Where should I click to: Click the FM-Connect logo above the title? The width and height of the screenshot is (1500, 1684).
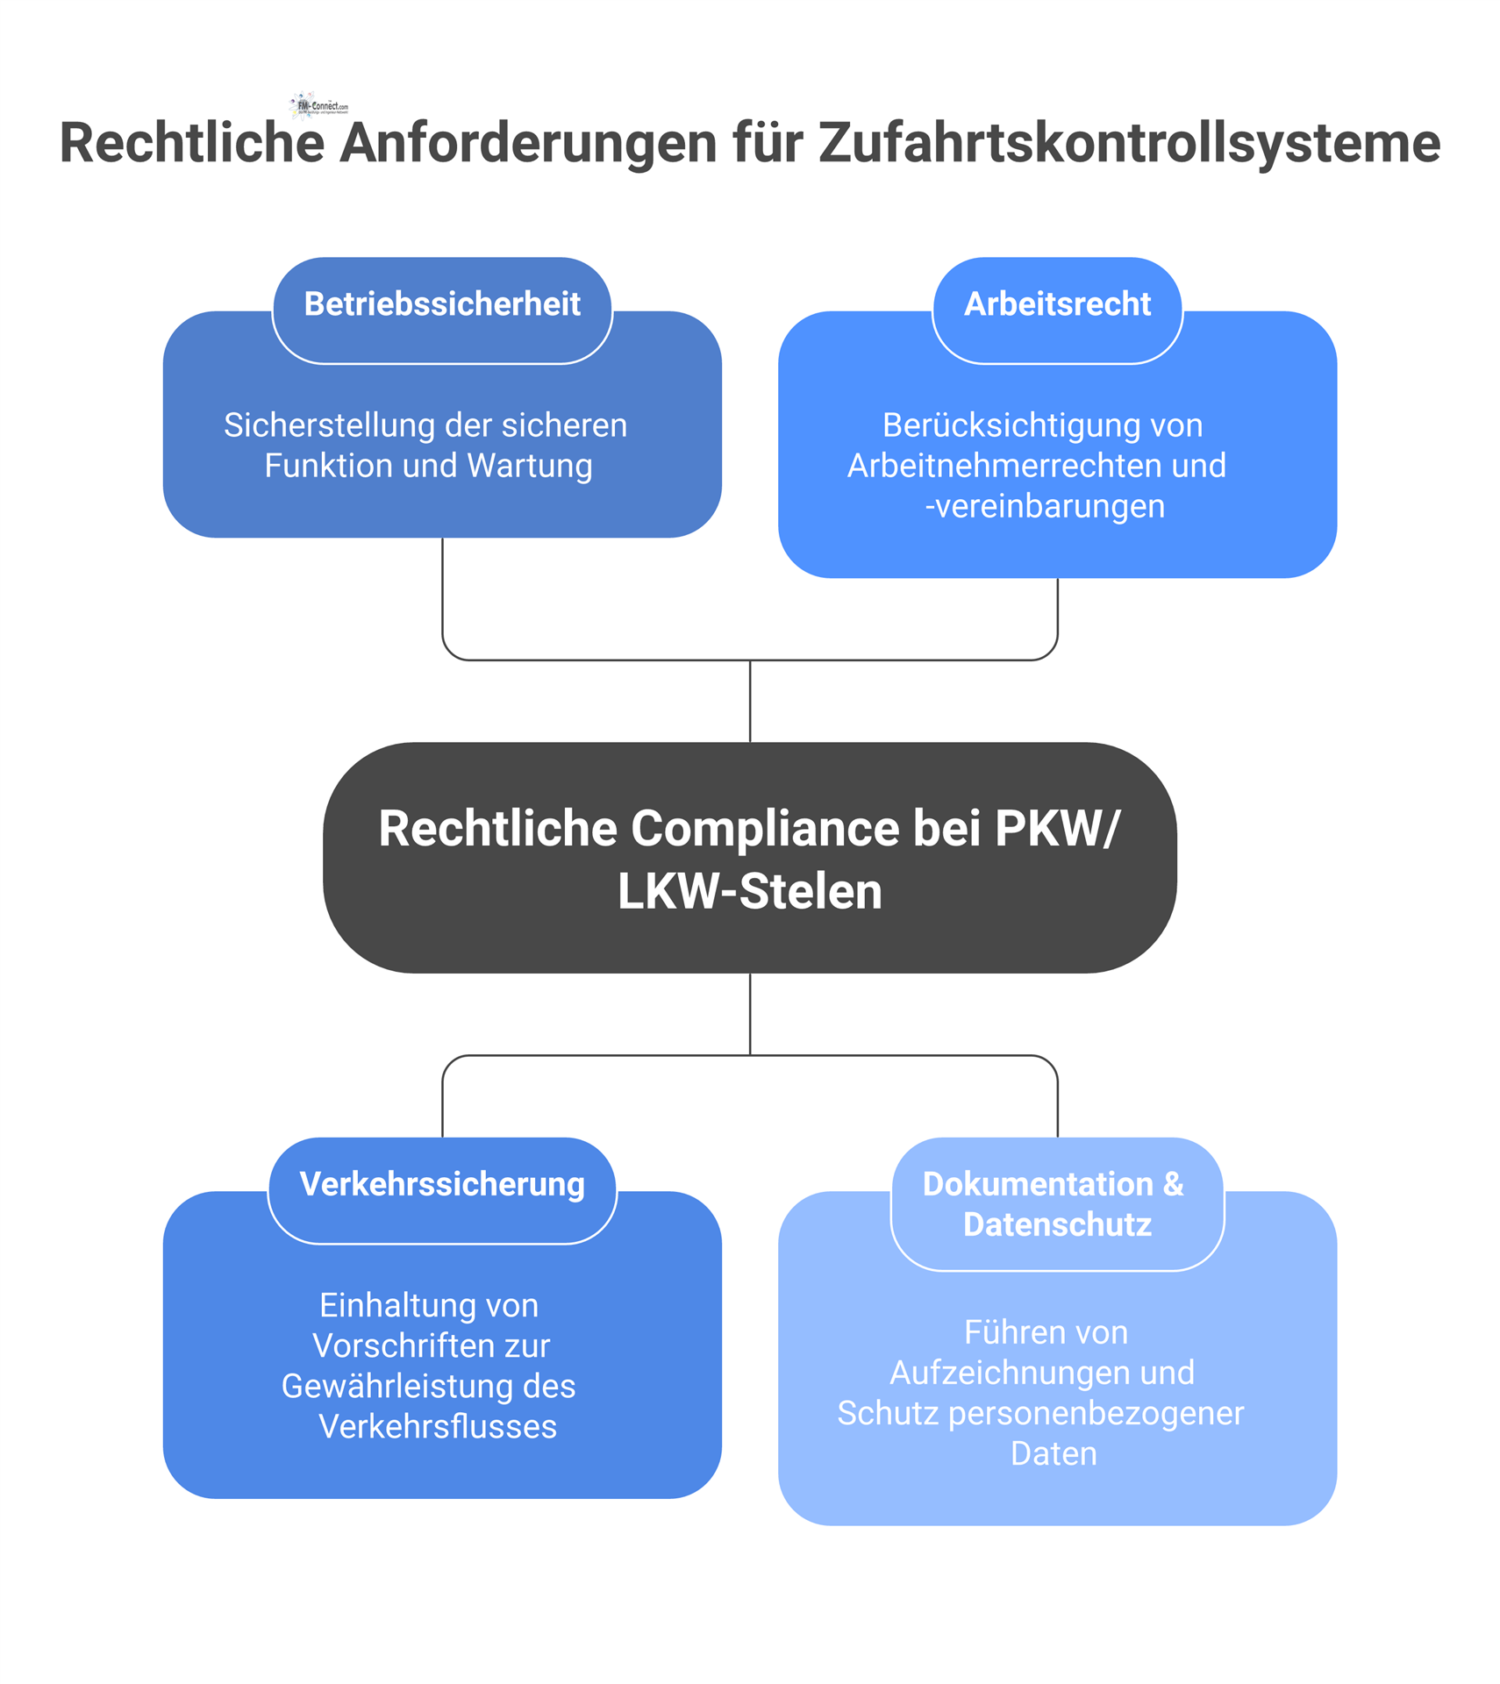pyautogui.click(x=318, y=106)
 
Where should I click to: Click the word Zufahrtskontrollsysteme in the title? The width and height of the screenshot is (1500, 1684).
pyautogui.click(x=1129, y=143)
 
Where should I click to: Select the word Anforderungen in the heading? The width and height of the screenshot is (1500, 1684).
pyautogui.click(x=528, y=143)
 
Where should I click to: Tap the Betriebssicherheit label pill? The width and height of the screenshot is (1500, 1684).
pyautogui.click(x=442, y=304)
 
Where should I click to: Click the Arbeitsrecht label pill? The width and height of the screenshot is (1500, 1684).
pyautogui.click(x=1056, y=304)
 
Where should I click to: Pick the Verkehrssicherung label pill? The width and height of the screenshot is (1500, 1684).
pyautogui.click(x=442, y=1184)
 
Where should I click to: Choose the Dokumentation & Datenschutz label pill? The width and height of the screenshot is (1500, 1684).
pyautogui.click(x=1056, y=1204)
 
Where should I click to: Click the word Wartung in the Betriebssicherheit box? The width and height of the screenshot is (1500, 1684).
pyautogui.click(x=530, y=466)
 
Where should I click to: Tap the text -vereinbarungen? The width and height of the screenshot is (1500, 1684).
pyautogui.click(x=1045, y=506)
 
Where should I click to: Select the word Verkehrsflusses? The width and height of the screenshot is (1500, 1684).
pyautogui.click(x=437, y=1426)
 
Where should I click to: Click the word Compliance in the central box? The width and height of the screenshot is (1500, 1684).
pyautogui.click(x=765, y=829)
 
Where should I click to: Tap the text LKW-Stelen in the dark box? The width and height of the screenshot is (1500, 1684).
pyautogui.click(x=749, y=892)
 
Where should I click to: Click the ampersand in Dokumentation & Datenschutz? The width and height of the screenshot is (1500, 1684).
pyautogui.click(x=1173, y=1184)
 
